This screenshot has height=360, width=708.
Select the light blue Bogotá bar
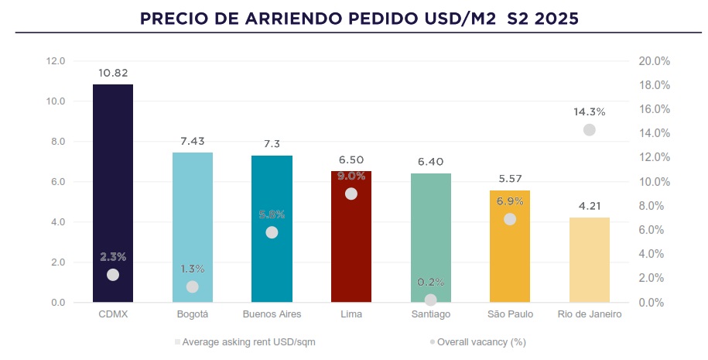tap(192, 225)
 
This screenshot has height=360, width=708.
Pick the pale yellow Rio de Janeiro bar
tap(590, 259)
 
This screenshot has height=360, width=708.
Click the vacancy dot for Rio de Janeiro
tap(590, 130)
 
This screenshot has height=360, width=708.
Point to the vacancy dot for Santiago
tap(431, 300)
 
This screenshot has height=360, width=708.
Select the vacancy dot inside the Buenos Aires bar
tap(272, 232)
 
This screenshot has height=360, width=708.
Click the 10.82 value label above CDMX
tap(113, 73)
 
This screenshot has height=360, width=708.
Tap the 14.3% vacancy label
tap(590, 111)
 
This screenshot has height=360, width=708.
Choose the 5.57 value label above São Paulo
tap(510, 179)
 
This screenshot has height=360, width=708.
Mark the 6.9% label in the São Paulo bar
tap(510, 201)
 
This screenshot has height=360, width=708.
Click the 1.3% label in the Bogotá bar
tap(192, 269)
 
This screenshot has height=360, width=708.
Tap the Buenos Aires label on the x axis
tap(272, 315)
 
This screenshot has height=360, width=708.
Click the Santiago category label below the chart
tap(431, 315)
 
